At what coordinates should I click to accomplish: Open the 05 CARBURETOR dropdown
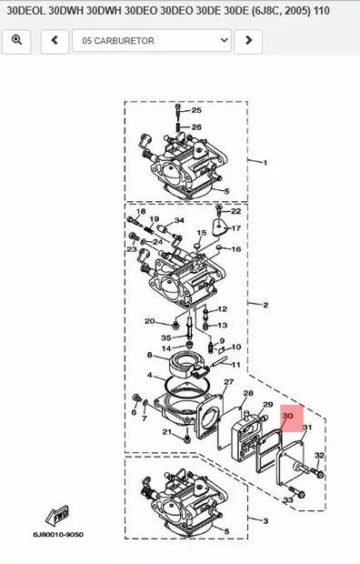pyautogui.click(x=151, y=41)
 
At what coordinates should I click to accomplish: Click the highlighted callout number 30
pyautogui.click(x=288, y=417)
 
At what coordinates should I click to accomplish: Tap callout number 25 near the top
pyautogui.click(x=196, y=110)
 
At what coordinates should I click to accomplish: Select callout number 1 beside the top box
pyautogui.click(x=265, y=163)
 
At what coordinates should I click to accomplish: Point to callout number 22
pyautogui.click(x=235, y=211)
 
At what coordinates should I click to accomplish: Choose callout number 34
pyautogui.click(x=179, y=221)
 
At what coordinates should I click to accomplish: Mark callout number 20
pyautogui.click(x=149, y=321)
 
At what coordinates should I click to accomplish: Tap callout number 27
pyautogui.click(x=229, y=382)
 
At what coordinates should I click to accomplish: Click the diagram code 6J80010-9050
pyautogui.click(x=58, y=535)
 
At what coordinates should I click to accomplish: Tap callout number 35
pyautogui.click(x=166, y=337)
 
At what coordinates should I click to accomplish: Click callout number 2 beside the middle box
pyautogui.click(x=265, y=305)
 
